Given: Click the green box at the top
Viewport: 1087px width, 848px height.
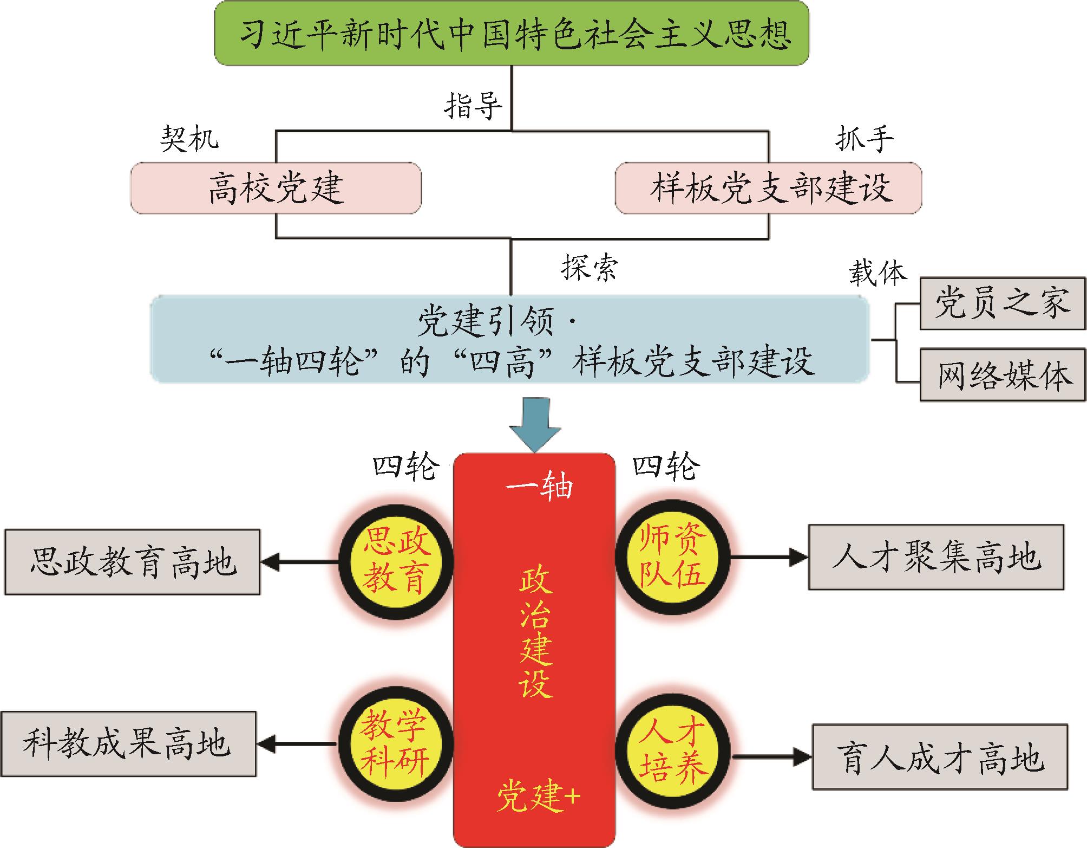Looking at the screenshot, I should tap(512, 33).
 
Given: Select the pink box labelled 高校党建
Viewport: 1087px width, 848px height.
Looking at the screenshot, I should tap(276, 187).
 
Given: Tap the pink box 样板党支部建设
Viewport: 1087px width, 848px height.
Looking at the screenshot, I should tap(768, 187).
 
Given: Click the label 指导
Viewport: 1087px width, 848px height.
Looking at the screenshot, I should tap(473, 105).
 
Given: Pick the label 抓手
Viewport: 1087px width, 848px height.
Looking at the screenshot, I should tap(864, 139).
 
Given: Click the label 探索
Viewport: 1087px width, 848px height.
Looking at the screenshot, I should tap(589, 267).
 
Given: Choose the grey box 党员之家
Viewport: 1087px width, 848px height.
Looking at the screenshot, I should tap(1003, 303).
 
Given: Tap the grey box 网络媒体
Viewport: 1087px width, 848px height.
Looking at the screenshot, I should tap(1003, 375).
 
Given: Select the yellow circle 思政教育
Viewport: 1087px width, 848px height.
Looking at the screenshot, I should tap(396, 562).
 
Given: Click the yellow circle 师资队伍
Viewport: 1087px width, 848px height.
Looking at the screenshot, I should tap(672, 557).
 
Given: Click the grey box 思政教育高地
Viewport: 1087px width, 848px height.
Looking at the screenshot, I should tap(133, 562).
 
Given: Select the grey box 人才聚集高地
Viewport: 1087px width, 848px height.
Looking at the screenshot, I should tap(936, 556).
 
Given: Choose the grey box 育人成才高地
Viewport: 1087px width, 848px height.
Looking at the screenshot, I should tap(940, 757).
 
